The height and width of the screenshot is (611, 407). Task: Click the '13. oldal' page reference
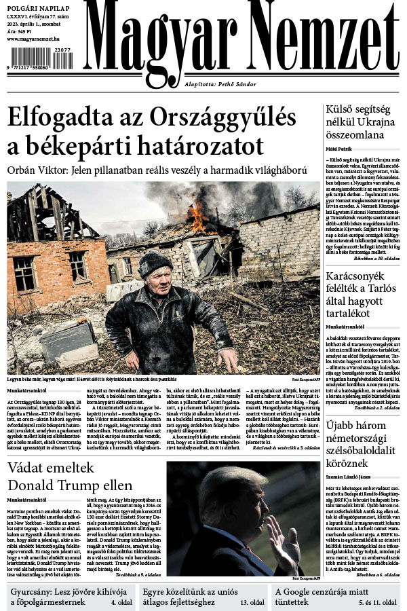(x=252, y=602)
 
